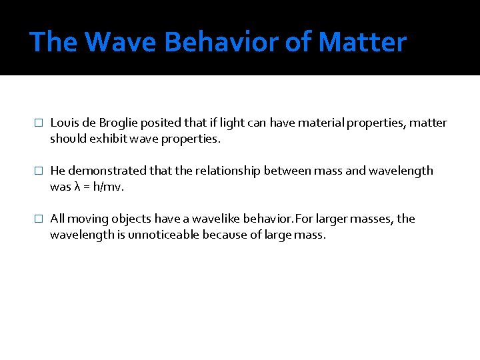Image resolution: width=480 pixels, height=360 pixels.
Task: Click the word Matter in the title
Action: coord(362,42)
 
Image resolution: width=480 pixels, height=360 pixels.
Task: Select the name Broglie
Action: coord(119,123)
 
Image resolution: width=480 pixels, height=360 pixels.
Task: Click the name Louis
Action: coord(64,123)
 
